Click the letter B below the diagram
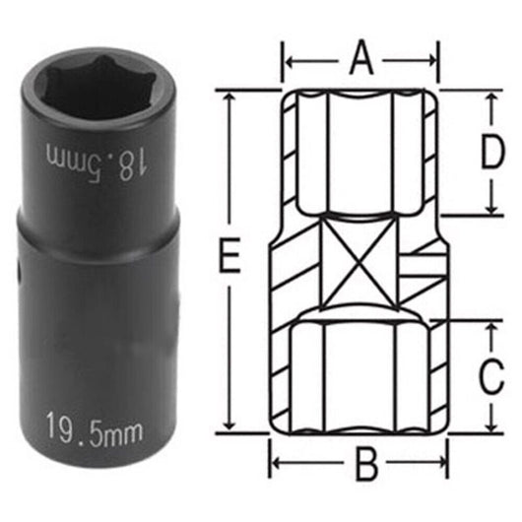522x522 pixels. [366, 463]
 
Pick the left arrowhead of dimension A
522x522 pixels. [290, 63]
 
